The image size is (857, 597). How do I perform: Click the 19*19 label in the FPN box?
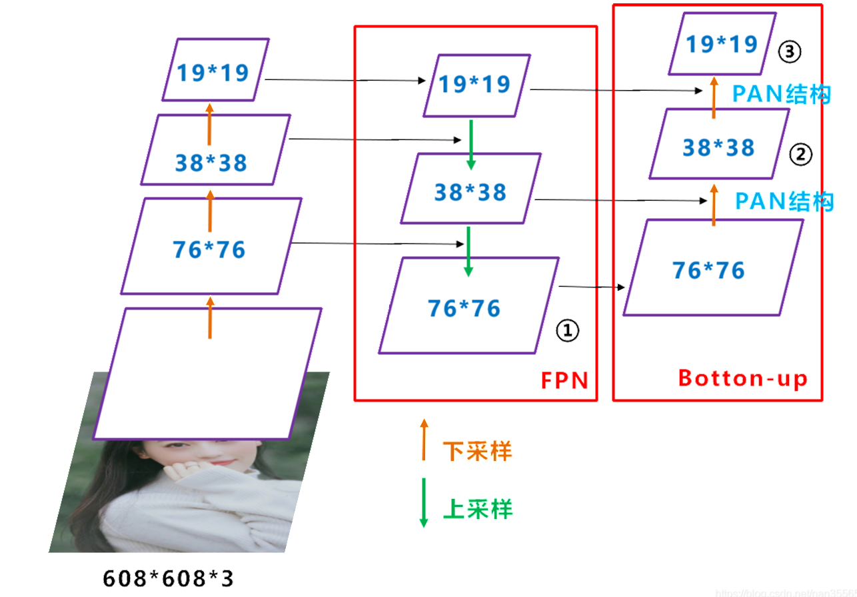point(474,85)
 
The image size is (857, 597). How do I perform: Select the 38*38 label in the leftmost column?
point(211,163)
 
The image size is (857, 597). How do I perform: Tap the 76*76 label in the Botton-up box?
point(709,271)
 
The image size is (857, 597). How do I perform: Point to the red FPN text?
point(564,380)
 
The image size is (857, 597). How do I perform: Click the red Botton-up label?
point(743,379)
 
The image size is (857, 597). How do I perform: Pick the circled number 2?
point(800,155)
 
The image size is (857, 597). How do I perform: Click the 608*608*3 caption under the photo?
point(169,578)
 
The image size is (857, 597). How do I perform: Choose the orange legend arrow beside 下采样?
point(424,440)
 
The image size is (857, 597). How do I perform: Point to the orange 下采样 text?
point(477,452)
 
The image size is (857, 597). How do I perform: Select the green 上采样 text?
point(477,510)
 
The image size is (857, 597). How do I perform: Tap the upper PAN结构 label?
point(781,95)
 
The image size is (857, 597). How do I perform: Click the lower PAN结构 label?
point(784,201)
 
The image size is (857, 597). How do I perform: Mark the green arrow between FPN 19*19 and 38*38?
point(471,143)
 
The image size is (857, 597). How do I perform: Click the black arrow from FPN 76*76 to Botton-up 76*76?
point(592,287)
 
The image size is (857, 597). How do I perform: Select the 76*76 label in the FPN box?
point(464,308)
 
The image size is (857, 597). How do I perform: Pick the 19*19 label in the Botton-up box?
point(722,44)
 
